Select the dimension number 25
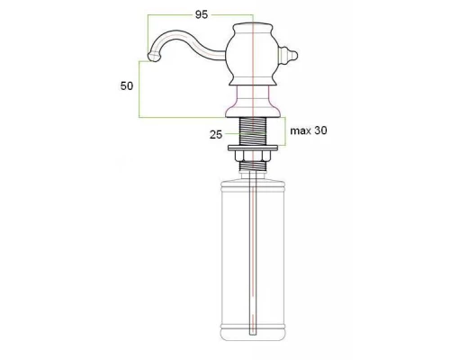(x=216, y=135)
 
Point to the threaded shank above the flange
(x=256, y=130)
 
